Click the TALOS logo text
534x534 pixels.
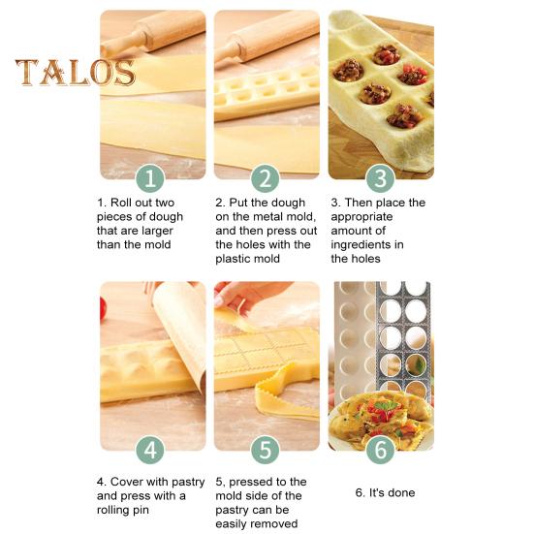coord(75,73)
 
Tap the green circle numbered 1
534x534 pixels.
coord(151,178)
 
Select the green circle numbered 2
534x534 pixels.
coord(266,178)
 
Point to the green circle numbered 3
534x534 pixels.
coord(380,178)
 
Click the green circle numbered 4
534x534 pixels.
coord(151,450)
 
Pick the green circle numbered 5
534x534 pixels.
coord(266,450)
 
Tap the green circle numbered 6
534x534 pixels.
coord(380,450)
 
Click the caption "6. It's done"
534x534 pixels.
coord(385,492)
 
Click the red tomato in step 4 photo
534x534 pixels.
coord(103,309)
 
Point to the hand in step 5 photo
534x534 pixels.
coord(237,296)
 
